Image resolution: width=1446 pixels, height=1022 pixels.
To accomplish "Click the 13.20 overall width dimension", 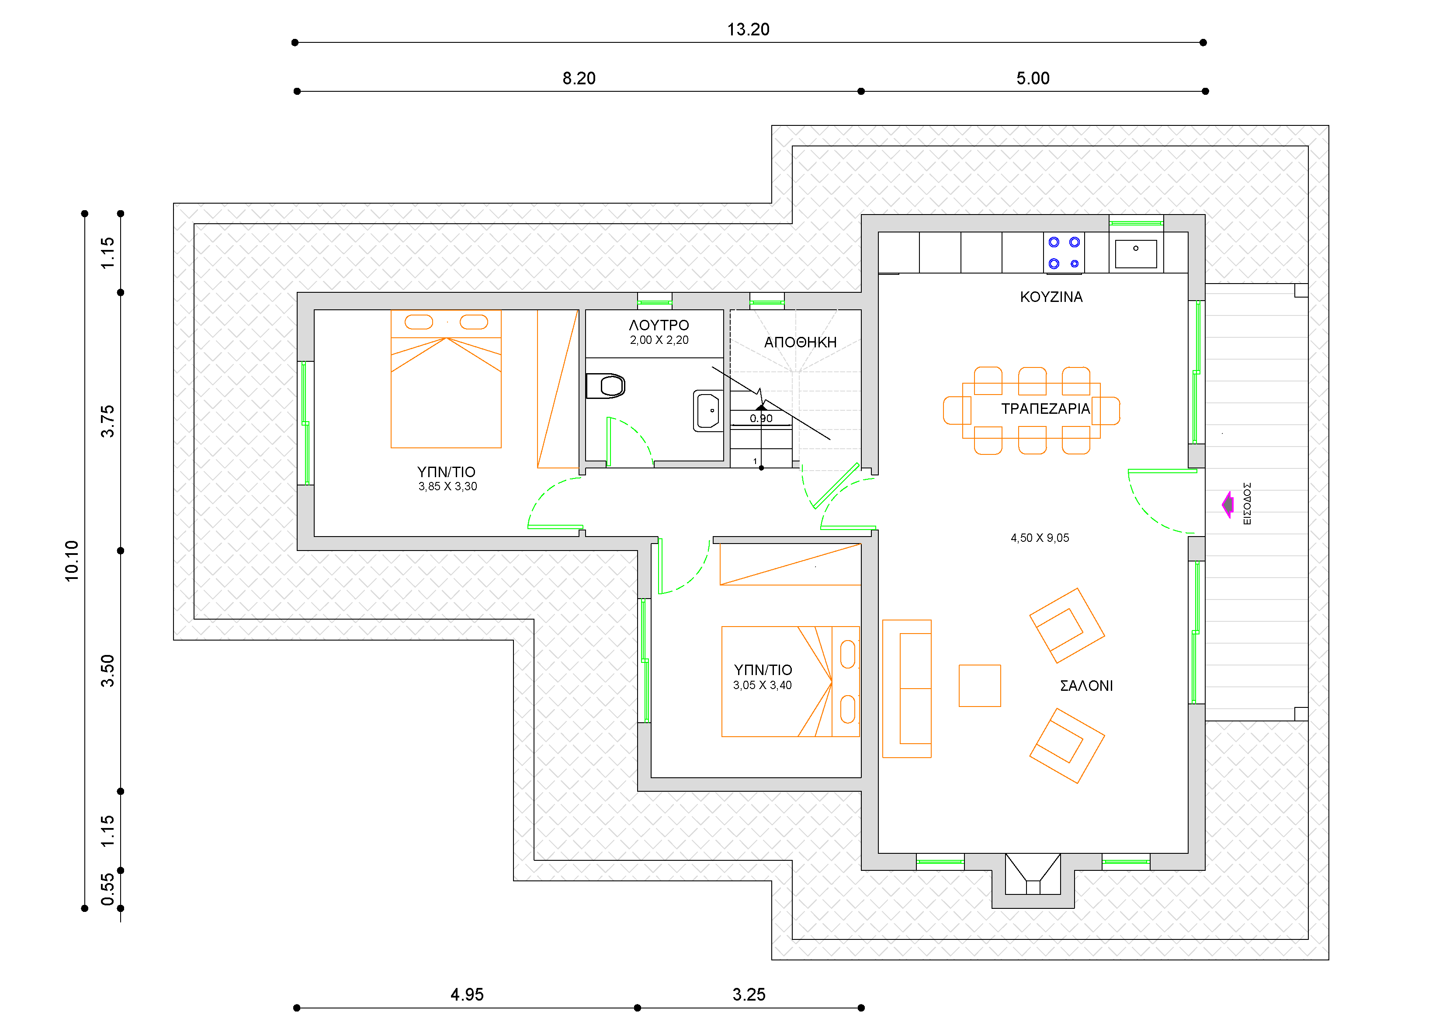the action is click(748, 30).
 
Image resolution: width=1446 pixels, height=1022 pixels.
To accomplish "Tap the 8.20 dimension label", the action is click(579, 79).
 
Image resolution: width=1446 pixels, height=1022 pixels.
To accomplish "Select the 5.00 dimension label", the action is click(1033, 79).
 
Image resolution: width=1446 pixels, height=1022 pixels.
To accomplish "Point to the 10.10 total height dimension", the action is click(72, 561).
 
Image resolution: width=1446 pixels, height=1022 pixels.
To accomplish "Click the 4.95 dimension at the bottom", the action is click(467, 995).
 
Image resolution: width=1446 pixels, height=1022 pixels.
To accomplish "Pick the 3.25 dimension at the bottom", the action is click(749, 995).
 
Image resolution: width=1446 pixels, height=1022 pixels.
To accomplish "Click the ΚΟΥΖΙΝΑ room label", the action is click(1051, 297).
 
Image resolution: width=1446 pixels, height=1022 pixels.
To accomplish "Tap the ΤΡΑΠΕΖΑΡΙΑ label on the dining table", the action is click(1045, 409).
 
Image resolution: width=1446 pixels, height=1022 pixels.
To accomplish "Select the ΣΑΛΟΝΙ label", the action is click(1086, 686).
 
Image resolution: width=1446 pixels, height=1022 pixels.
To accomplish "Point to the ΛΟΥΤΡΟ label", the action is click(659, 326).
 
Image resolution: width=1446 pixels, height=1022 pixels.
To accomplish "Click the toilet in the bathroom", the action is click(605, 386).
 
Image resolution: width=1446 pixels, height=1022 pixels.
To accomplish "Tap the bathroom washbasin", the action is click(708, 411).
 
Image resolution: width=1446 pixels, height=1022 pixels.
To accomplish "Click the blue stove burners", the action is click(1064, 253).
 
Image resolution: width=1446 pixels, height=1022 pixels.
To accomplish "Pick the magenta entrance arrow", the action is click(1228, 504).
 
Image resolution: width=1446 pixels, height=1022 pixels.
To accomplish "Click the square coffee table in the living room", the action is click(979, 686).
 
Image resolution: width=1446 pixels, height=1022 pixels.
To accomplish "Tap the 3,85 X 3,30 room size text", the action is click(447, 487).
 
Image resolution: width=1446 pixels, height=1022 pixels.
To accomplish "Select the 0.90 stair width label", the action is click(761, 419).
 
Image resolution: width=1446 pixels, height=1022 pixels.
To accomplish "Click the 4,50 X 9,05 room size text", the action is click(1040, 538).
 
